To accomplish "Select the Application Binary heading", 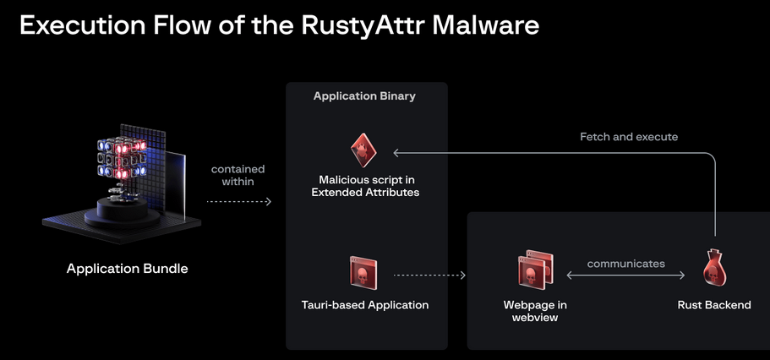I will tap(364, 96).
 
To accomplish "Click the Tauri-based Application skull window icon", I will tap(363, 272).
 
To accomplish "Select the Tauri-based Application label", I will tap(364, 305).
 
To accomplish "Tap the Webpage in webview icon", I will tap(534, 270).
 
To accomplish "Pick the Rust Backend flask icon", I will tap(714, 270).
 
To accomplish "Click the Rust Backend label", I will tap(714, 305).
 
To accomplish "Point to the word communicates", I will tap(625, 264).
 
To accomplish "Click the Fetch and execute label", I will tap(629, 137).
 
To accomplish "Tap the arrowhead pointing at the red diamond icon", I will tap(396, 152).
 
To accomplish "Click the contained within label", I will tap(238, 175).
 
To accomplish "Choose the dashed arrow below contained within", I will tap(238, 202).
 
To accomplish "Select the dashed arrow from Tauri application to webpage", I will tap(429, 275).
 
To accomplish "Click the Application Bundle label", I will tap(128, 269).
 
